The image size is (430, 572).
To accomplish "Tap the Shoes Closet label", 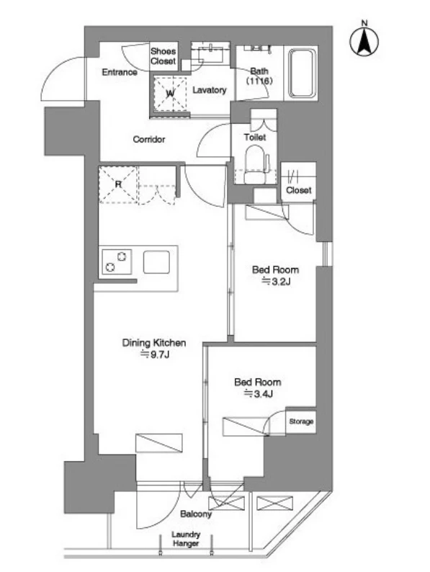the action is [x=163, y=56].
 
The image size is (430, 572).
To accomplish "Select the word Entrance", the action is [x=120, y=72].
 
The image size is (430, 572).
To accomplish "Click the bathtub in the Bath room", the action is [x=302, y=73].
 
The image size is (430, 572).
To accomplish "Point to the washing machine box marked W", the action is [x=170, y=94].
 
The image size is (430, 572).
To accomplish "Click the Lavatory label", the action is [x=210, y=90].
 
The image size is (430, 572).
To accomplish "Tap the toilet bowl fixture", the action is [x=255, y=164].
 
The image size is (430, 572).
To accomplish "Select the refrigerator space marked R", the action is [x=118, y=184].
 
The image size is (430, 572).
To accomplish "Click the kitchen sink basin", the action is [x=156, y=262].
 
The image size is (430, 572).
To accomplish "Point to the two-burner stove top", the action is [x=117, y=262].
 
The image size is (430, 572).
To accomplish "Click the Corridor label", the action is [x=149, y=139].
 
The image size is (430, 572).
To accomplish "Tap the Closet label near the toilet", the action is [x=299, y=190].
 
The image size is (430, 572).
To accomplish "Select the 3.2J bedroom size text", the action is [x=276, y=281].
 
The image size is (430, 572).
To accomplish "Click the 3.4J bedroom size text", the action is [x=259, y=393].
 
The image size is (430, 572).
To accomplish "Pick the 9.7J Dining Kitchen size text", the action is [x=155, y=354].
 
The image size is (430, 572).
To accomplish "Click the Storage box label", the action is [x=301, y=421].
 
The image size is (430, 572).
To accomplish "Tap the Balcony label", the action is [x=196, y=514].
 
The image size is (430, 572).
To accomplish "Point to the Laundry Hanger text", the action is [x=186, y=539].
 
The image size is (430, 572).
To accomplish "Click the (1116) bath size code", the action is [x=259, y=81].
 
